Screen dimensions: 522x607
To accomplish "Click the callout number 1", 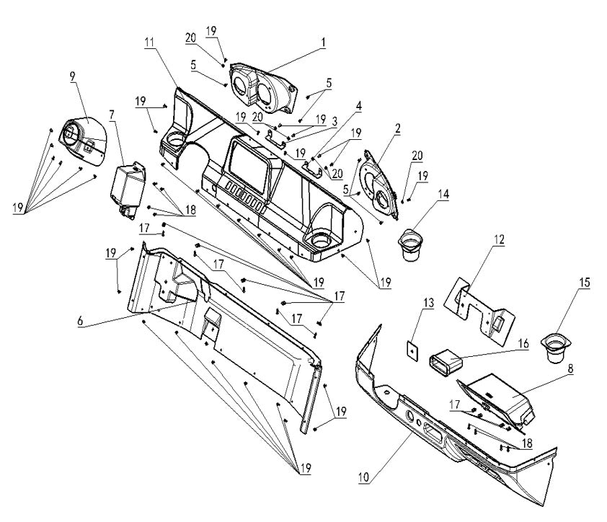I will (x=323, y=42).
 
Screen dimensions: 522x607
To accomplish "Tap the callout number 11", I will (x=149, y=43).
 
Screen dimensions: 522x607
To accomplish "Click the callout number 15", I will (x=584, y=282).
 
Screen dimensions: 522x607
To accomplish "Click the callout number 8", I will (x=570, y=368).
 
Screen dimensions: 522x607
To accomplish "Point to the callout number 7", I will (x=112, y=115).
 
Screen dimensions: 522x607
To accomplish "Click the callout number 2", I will (x=398, y=127).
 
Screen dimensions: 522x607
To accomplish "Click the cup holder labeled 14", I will (x=413, y=245).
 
